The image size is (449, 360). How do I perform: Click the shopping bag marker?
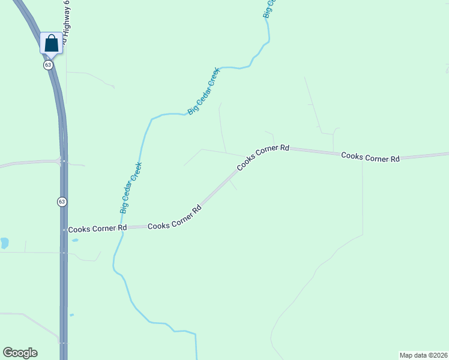pyautogui.click(x=51, y=43)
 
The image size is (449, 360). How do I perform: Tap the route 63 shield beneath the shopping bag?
pyautogui.click(x=48, y=64)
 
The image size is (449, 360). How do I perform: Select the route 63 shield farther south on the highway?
pyautogui.click(x=62, y=202)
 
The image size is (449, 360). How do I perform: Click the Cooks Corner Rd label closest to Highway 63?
pyautogui.click(x=97, y=229)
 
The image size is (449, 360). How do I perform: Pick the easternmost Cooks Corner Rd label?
pyautogui.click(x=370, y=157)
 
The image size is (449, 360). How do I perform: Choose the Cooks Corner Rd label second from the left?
pyautogui.click(x=174, y=218)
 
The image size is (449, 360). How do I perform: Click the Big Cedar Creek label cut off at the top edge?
pyautogui.click(x=270, y=8)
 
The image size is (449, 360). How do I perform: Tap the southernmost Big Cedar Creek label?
pyautogui.click(x=131, y=188)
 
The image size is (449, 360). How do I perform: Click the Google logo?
pyautogui.click(x=20, y=353)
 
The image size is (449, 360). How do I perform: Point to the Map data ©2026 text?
pyautogui.click(x=423, y=355)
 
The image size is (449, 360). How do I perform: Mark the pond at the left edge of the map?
pyautogui.click(x=4, y=243)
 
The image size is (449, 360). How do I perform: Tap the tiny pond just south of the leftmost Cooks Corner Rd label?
pyautogui.click(x=74, y=240)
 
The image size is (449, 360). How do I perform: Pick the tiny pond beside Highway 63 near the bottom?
pyautogui.click(x=71, y=314)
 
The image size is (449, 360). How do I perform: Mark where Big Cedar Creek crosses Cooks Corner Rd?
pyautogui.click(x=122, y=228)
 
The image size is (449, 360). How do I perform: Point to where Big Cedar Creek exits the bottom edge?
pyautogui.click(x=196, y=358)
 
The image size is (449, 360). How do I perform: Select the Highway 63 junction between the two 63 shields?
pyautogui.click(x=62, y=161)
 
